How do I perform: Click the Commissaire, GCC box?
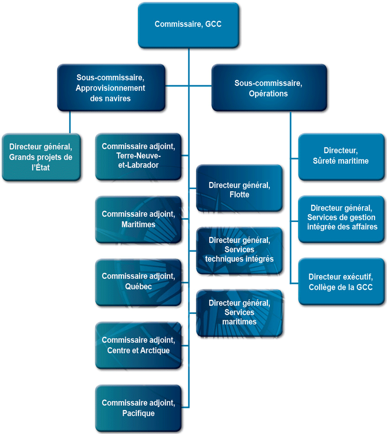[x=188, y=25]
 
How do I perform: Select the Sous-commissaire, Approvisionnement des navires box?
[x=111, y=88]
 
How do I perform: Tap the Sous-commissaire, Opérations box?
[x=269, y=88]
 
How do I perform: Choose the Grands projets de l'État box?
[x=41, y=157]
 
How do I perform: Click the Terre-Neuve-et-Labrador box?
[x=138, y=157]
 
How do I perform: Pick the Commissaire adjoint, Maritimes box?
[x=138, y=220]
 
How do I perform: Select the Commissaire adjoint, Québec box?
[x=138, y=282]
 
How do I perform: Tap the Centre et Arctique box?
[x=138, y=345]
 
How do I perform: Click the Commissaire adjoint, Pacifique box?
[x=138, y=408]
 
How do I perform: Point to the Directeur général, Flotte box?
[x=240, y=188]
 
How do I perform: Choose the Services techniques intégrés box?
[x=240, y=251]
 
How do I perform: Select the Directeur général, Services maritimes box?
[x=240, y=313]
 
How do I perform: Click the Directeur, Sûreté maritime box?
[x=341, y=157]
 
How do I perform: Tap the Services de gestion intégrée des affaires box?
[x=341, y=219]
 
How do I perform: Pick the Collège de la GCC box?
[x=341, y=282]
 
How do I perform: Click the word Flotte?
[x=240, y=195]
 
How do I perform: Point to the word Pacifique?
[x=138, y=413]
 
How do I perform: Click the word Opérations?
[x=268, y=94]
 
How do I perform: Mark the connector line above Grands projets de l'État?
[x=70, y=122]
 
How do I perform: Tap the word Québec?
[x=138, y=286]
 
